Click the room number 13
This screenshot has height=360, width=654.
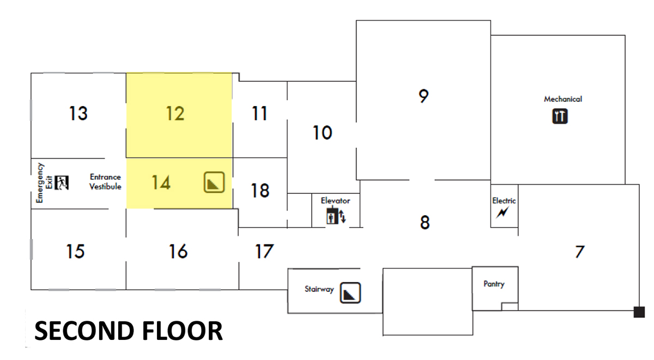click(x=78, y=113)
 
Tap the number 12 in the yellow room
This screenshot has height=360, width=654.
click(x=175, y=113)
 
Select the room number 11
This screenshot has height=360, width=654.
click(x=259, y=113)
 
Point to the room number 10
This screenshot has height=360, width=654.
click(x=322, y=133)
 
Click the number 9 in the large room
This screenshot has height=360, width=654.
click(x=423, y=96)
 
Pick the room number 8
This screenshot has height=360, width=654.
click(x=425, y=222)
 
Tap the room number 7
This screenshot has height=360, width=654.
click(x=580, y=252)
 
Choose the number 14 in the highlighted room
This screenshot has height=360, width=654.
click(x=161, y=182)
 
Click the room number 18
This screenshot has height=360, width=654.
click(x=260, y=191)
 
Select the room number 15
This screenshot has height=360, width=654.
click(x=75, y=251)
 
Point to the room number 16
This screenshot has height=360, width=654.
click(x=178, y=251)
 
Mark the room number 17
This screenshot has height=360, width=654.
click(x=264, y=251)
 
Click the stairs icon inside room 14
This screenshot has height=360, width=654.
click(x=214, y=182)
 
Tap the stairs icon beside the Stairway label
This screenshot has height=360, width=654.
click(x=350, y=292)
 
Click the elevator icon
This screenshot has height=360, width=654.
click(x=336, y=216)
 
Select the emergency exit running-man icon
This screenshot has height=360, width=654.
click(x=62, y=183)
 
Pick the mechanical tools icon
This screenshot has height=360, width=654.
click(x=560, y=116)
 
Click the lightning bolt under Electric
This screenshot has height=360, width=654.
click(x=502, y=212)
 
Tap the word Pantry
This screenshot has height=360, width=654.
click(x=494, y=284)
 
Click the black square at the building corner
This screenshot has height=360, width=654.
click(x=639, y=312)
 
